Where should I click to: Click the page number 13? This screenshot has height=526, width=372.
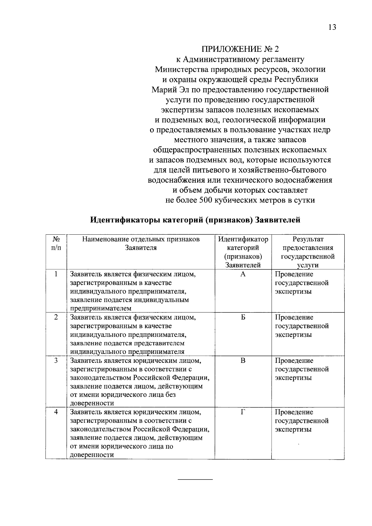click(332, 27)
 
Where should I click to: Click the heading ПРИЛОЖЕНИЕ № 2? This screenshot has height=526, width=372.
click(240, 49)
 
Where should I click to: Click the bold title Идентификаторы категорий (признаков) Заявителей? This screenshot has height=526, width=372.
click(195, 220)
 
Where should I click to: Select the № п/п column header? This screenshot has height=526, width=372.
click(56, 243)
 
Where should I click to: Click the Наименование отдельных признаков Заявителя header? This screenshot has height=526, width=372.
click(141, 243)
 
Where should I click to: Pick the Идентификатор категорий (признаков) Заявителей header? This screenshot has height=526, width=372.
click(243, 252)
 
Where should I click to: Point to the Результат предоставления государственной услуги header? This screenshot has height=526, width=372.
click(308, 252)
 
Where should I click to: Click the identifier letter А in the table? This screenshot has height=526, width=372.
click(243, 274)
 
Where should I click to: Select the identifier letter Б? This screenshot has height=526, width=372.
click(243, 317)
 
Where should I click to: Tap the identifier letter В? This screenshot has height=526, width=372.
click(243, 361)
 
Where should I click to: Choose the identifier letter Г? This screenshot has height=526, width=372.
click(243, 412)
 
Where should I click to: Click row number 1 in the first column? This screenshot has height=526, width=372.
click(56, 274)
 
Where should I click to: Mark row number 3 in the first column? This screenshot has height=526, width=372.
click(56, 361)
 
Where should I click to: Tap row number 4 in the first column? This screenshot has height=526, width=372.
click(56, 412)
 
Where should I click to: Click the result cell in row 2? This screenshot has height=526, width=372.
click(302, 326)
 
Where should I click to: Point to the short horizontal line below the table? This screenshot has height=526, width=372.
click(195, 480)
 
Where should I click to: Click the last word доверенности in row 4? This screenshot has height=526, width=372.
click(92, 455)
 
